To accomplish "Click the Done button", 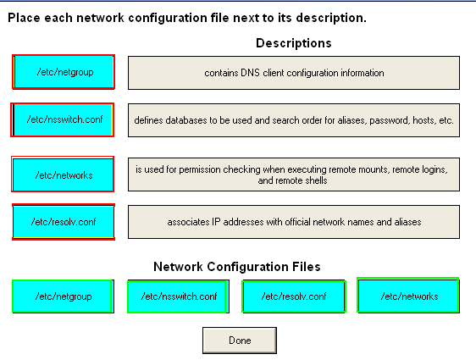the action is tap(240, 341).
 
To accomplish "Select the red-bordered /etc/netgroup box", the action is tap(64, 72).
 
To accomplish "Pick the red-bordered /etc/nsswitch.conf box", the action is tap(62, 119).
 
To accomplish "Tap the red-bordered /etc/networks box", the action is tap(63, 174).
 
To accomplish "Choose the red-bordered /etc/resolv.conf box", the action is tap(64, 222).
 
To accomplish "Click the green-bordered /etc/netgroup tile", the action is tap(64, 296).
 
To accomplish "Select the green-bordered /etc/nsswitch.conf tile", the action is tap(178, 296).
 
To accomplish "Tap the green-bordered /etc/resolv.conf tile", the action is tap(294, 296).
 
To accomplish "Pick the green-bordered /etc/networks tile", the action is tap(408, 296).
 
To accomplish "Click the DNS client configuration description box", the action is tap(294, 73).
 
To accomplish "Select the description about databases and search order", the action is tap(294, 120).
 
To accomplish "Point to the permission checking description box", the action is tap(294, 174).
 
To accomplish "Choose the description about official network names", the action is tap(294, 222).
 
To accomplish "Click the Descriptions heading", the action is tap(294, 43).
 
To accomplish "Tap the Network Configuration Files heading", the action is tap(237, 267).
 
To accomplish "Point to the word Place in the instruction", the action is tap(24, 18).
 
